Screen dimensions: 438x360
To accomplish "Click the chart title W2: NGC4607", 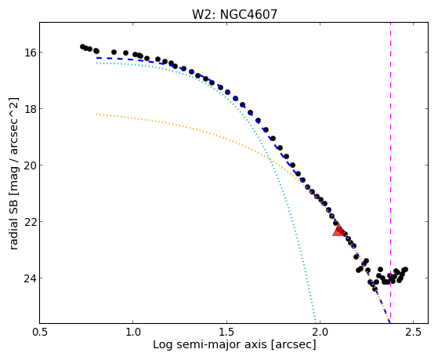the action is (x=234, y=15).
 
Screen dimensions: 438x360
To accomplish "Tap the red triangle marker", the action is (x=338, y=231).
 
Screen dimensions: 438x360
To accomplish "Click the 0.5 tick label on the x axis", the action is (x=39, y=332).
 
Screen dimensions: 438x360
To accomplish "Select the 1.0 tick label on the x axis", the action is (x=133, y=332).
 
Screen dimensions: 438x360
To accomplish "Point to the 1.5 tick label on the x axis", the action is (x=226, y=332).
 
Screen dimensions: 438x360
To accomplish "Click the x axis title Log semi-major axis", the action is (x=210, y=345).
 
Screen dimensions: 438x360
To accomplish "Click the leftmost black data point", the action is (x=82, y=46).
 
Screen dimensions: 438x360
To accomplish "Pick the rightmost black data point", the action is (x=406, y=269).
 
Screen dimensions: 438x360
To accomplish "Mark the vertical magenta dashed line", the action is (x=390, y=173).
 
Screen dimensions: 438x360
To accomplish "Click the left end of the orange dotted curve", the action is (x=96, y=115).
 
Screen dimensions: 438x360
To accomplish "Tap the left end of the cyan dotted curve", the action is (x=96, y=64).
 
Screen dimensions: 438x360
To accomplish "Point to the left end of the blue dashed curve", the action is (x=96, y=58).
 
